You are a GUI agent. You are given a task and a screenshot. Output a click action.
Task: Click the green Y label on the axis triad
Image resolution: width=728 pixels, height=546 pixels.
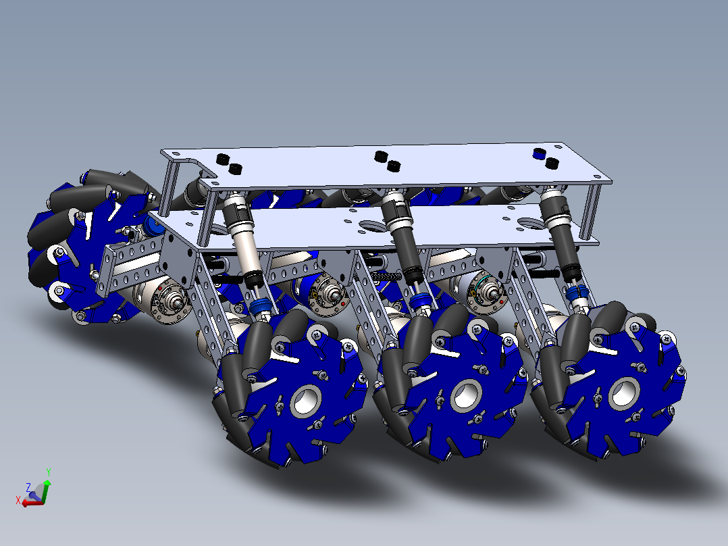pos(49,472)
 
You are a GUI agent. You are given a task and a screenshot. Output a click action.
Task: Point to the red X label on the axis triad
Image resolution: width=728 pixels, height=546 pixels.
pos(18,500)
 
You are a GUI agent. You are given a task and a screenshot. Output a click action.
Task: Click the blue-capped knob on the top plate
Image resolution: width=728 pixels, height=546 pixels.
pos(538,153)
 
